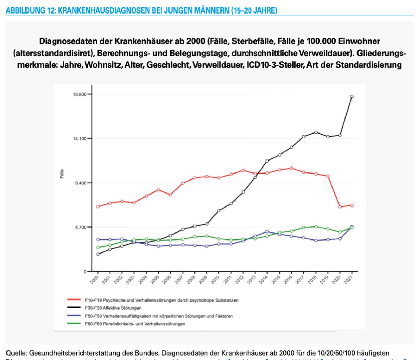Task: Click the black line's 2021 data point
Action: click(352, 96)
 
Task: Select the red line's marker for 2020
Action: click(340, 207)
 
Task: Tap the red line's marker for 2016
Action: click(291, 168)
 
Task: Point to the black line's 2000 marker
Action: click(98, 254)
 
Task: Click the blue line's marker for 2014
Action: click(267, 232)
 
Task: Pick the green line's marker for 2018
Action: click(316, 227)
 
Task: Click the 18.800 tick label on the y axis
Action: click(79, 94)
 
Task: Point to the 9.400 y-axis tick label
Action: click(80, 183)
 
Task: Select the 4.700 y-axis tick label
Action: click(80, 227)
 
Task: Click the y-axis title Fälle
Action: click(62, 174)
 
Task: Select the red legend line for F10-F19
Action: click(74, 300)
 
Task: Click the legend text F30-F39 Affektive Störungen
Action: click(113, 308)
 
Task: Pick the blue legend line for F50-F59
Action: click(74, 316)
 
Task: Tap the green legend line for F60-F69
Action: click(74, 324)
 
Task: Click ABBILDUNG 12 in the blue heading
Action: click(30, 10)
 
